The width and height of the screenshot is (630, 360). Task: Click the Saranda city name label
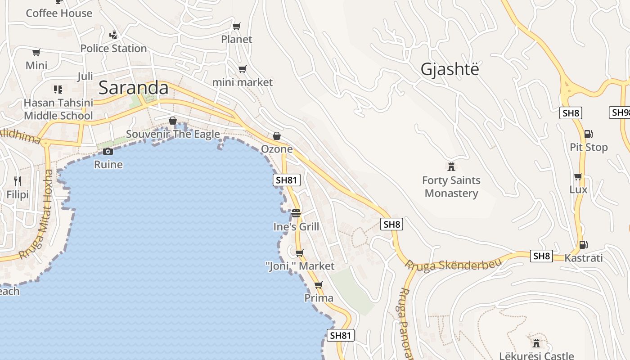(134, 87)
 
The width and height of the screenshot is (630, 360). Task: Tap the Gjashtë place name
(450, 69)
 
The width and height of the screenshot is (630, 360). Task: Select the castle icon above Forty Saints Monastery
(451, 167)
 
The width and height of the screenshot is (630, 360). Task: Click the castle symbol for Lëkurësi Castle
(536, 343)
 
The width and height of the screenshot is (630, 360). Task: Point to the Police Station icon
(113, 35)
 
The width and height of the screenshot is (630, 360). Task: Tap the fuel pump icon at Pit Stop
(588, 134)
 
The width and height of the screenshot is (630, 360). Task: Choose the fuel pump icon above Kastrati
(583, 244)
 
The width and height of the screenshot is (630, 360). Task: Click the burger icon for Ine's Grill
(296, 213)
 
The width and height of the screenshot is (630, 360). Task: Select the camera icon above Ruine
(108, 151)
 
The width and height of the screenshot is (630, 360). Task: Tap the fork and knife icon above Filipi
(18, 181)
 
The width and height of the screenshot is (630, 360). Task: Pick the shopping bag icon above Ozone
(277, 135)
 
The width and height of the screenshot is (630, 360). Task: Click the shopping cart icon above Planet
(237, 26)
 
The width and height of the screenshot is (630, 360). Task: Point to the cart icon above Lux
(578, 176)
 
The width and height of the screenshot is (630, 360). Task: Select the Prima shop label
(319, 298)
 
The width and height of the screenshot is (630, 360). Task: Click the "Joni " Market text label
(300, 266)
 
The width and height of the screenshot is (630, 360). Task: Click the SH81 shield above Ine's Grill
(287, 180)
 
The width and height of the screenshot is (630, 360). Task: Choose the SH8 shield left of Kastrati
(541, 256)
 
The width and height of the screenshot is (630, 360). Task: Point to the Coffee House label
(59, 13)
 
